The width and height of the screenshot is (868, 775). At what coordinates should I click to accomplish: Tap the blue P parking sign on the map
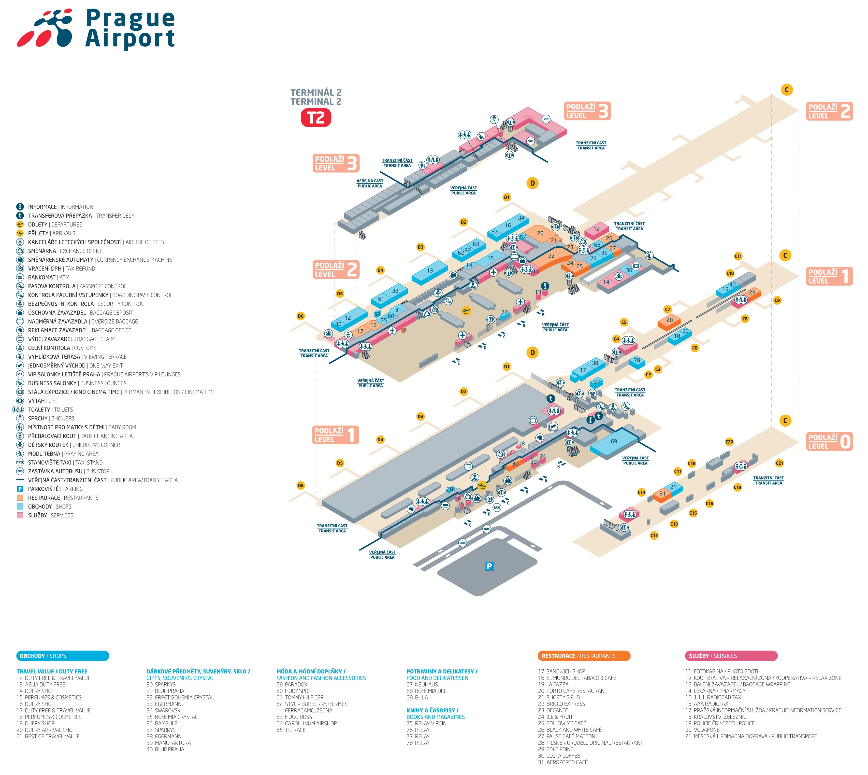click(489, 566)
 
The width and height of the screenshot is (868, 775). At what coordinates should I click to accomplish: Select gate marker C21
click(779, 463)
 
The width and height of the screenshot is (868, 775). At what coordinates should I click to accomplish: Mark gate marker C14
click(641, 492)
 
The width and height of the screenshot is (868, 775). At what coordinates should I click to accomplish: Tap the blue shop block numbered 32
click(395, 291)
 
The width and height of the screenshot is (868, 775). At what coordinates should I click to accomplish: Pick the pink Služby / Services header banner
click(731, 656)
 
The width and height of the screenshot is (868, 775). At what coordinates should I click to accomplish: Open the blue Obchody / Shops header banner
click(63, 656)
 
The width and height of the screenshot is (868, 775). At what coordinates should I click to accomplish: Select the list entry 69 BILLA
click(417, 697)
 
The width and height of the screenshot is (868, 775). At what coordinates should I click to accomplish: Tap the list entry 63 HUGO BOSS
click(294, 717)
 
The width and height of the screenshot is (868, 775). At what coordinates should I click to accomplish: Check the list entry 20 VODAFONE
click(702, 730)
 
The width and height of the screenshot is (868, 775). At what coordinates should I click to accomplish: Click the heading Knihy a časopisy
click(432, 710)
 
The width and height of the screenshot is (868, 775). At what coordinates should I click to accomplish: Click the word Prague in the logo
click(130, 19)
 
